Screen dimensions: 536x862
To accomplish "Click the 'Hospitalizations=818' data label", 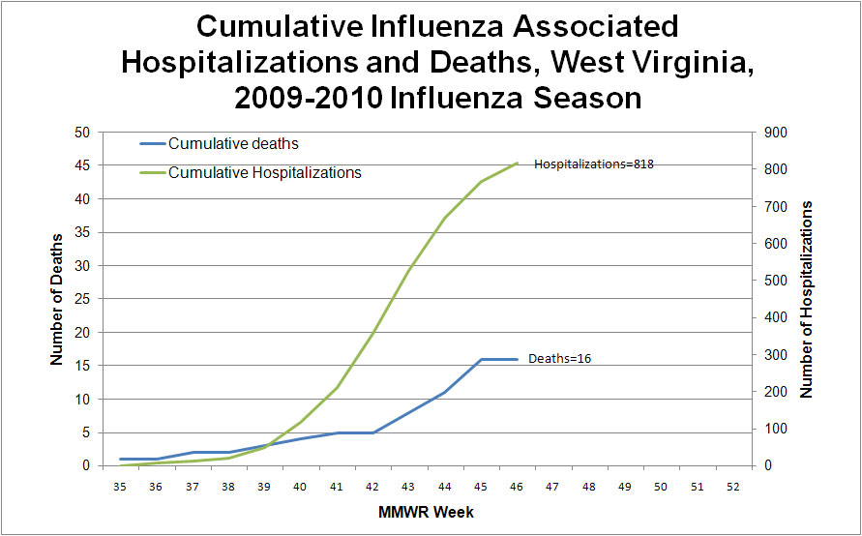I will click(x=594, y=164).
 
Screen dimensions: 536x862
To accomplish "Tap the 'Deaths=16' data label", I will click(x=559, y=359).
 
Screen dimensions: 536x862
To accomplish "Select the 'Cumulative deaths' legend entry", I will click(x=233, y=144).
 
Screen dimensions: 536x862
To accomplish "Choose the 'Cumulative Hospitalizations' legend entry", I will click(x=264, y=173).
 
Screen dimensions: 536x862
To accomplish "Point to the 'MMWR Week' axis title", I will click(x=426, y=511).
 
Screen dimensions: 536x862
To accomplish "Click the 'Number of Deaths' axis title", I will click(x=56, y=298).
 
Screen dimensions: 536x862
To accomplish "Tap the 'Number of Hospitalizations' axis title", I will click(x=806, y=299).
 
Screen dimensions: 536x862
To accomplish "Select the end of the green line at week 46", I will click(x=517, y=163).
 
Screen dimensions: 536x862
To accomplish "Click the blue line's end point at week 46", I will click(x=517, y=359).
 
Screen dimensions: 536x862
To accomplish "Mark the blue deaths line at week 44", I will click(x=444, y=392).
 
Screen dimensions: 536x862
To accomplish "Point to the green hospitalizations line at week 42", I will click(x=372, y=333).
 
